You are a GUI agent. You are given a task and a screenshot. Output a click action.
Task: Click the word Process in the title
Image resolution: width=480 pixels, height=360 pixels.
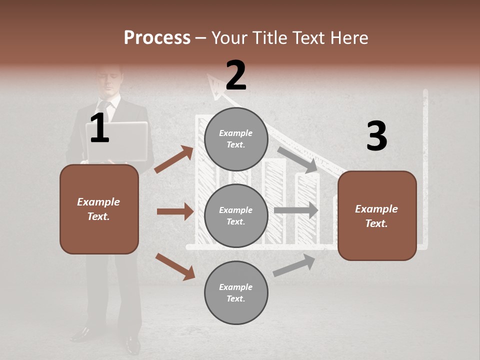point(157,38)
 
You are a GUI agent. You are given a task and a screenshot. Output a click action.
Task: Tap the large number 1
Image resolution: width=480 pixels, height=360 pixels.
point(99,128)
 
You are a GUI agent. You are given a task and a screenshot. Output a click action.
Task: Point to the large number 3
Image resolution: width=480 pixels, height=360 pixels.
point(376,136)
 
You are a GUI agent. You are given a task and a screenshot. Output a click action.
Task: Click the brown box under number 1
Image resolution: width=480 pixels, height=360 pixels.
point(99,209)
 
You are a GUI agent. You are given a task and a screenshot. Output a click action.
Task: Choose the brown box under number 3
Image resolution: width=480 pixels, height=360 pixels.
point(377,215)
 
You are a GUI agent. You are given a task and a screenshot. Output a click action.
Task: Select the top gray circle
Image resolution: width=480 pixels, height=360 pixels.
point(236,139)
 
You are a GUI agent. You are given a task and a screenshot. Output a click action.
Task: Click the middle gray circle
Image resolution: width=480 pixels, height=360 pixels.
point(236,215)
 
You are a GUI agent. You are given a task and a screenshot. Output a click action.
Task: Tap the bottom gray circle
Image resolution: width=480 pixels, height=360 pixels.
point(236,292)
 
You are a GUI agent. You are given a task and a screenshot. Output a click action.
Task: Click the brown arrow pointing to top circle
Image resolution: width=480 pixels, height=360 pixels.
point(174,159)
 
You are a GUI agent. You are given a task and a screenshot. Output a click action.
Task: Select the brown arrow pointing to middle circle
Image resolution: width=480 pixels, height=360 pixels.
point(175,211)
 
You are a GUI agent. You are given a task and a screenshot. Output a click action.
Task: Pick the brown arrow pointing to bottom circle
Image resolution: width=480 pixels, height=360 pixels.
point(175,266)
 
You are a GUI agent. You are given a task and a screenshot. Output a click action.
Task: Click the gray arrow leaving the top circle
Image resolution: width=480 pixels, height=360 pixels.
point(298,159)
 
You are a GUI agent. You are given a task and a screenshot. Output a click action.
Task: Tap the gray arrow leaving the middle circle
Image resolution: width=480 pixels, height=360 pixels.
point(296,210)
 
